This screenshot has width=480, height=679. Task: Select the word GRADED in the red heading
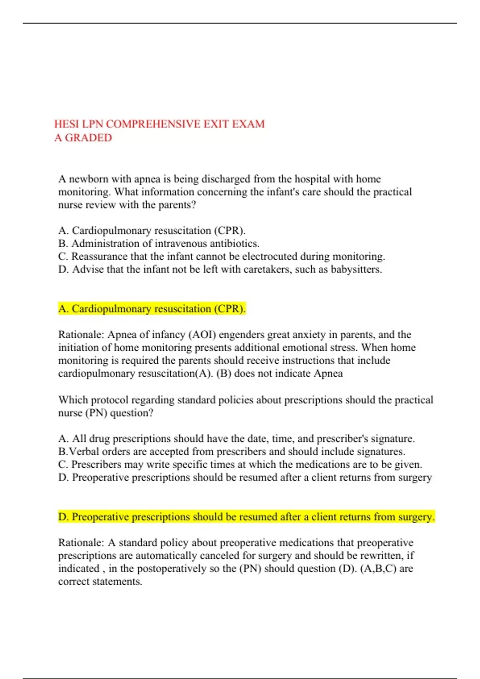tap(88, 138)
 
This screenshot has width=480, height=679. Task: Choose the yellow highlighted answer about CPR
tap(152, 309)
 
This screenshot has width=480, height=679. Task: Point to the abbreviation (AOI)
tap(202, 335)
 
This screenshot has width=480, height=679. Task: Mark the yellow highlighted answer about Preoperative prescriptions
tap(246, 517)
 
